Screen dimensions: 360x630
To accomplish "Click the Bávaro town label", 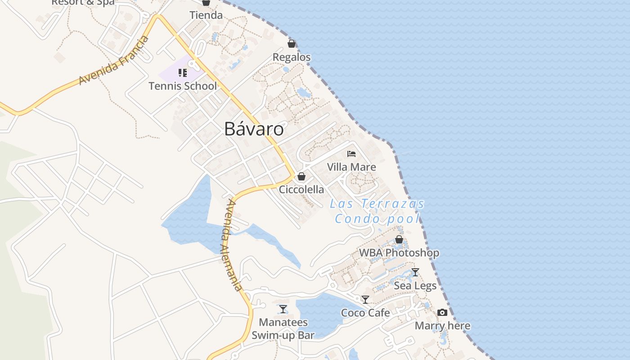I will click(254, 129).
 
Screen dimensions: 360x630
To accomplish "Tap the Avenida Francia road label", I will click(114, 60).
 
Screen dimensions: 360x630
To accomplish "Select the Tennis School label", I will click(183, 86).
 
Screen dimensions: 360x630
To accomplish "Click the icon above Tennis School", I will click(183, 73).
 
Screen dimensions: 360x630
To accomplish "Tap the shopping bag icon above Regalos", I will click(292, 44).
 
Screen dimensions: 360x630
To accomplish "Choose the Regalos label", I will click(292, 57).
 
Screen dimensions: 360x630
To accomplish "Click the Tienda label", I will click(206, 15).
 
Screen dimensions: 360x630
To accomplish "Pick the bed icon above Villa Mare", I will click(351, 154).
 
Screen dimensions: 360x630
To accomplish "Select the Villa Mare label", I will click(351, 167).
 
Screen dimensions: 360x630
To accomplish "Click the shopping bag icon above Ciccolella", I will click(301, 176).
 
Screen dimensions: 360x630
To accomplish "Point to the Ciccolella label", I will click(301, 189).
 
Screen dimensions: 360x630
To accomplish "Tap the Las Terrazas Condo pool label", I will click(377, 211).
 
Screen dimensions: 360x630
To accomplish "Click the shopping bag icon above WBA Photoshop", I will click(399, 239).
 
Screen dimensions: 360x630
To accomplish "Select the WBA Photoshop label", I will click(399, 253).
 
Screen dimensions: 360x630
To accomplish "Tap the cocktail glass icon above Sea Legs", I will click(415, 272).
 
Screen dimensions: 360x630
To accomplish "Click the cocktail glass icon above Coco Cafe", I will click(365, 300).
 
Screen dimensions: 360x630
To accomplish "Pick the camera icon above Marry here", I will click(442, 312).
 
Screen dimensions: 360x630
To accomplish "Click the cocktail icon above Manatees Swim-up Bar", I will click(283, 309).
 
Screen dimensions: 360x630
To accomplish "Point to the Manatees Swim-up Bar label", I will click(283, 328).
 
